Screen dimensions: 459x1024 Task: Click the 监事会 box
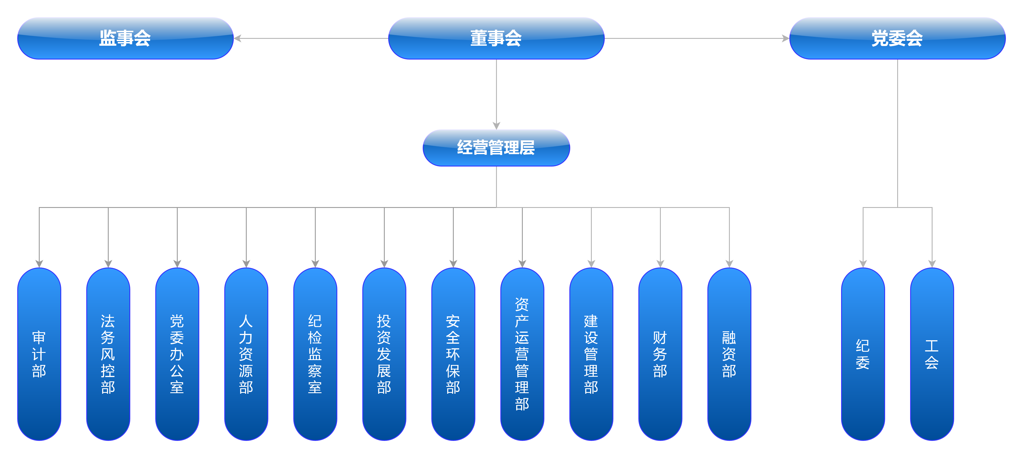125,38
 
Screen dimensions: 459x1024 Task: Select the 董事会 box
496,38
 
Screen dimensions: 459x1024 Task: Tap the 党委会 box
897,38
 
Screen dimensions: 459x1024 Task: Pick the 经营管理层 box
496,148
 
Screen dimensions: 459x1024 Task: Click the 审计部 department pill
39,354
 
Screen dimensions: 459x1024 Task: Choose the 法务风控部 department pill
108,354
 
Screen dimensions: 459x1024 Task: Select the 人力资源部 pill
246,354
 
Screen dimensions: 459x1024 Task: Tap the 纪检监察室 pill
315,354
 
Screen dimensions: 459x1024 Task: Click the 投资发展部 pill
384,354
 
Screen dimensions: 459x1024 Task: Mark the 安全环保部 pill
453,354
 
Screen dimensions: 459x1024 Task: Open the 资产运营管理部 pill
522,354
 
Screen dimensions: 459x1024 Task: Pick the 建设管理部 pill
591,354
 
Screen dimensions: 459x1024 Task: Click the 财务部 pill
660,354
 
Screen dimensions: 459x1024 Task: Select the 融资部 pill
729,354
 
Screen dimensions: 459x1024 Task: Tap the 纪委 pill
863,354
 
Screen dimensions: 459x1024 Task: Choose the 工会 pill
932,354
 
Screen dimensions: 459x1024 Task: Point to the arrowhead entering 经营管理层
496,126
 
